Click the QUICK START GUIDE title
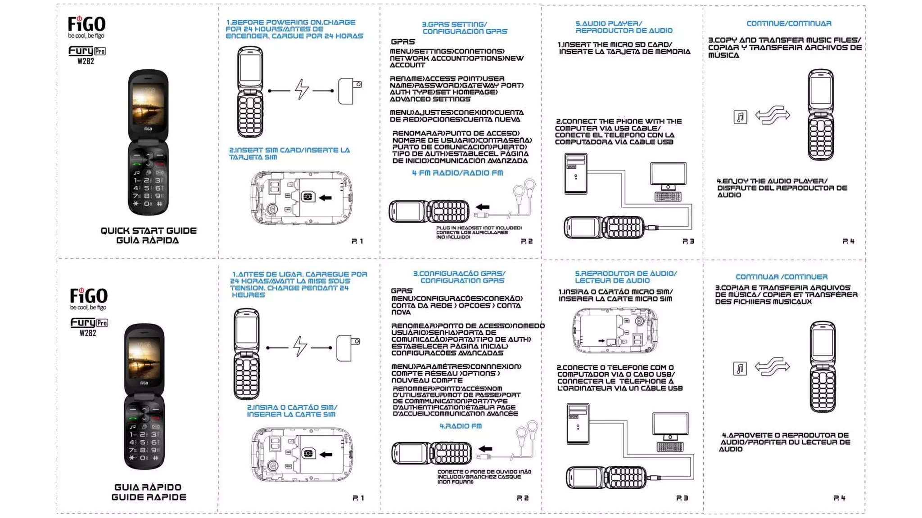pos(149,231)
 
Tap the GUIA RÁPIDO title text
pos(148,487)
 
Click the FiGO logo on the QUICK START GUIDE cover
pos(86,24)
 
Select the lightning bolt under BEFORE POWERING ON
pos(302,89)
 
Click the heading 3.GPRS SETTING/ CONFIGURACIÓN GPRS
pos(464,28)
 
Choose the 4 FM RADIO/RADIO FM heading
pos(457,173)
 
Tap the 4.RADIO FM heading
pos(461,426)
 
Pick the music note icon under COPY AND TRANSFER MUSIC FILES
pos(740,117)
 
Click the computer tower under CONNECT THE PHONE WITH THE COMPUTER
pos(576,174)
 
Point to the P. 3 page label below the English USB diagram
pos(688,241)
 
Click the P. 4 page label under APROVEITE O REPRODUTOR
pos(839,498)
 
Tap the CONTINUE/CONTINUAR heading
pos(789,23)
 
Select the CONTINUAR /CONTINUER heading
pos(782,277)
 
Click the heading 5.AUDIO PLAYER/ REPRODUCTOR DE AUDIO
pos(624,27)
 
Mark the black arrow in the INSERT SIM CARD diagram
pos(325,198)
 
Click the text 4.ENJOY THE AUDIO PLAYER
pos(772,181)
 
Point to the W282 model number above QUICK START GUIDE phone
pos(86,62)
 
